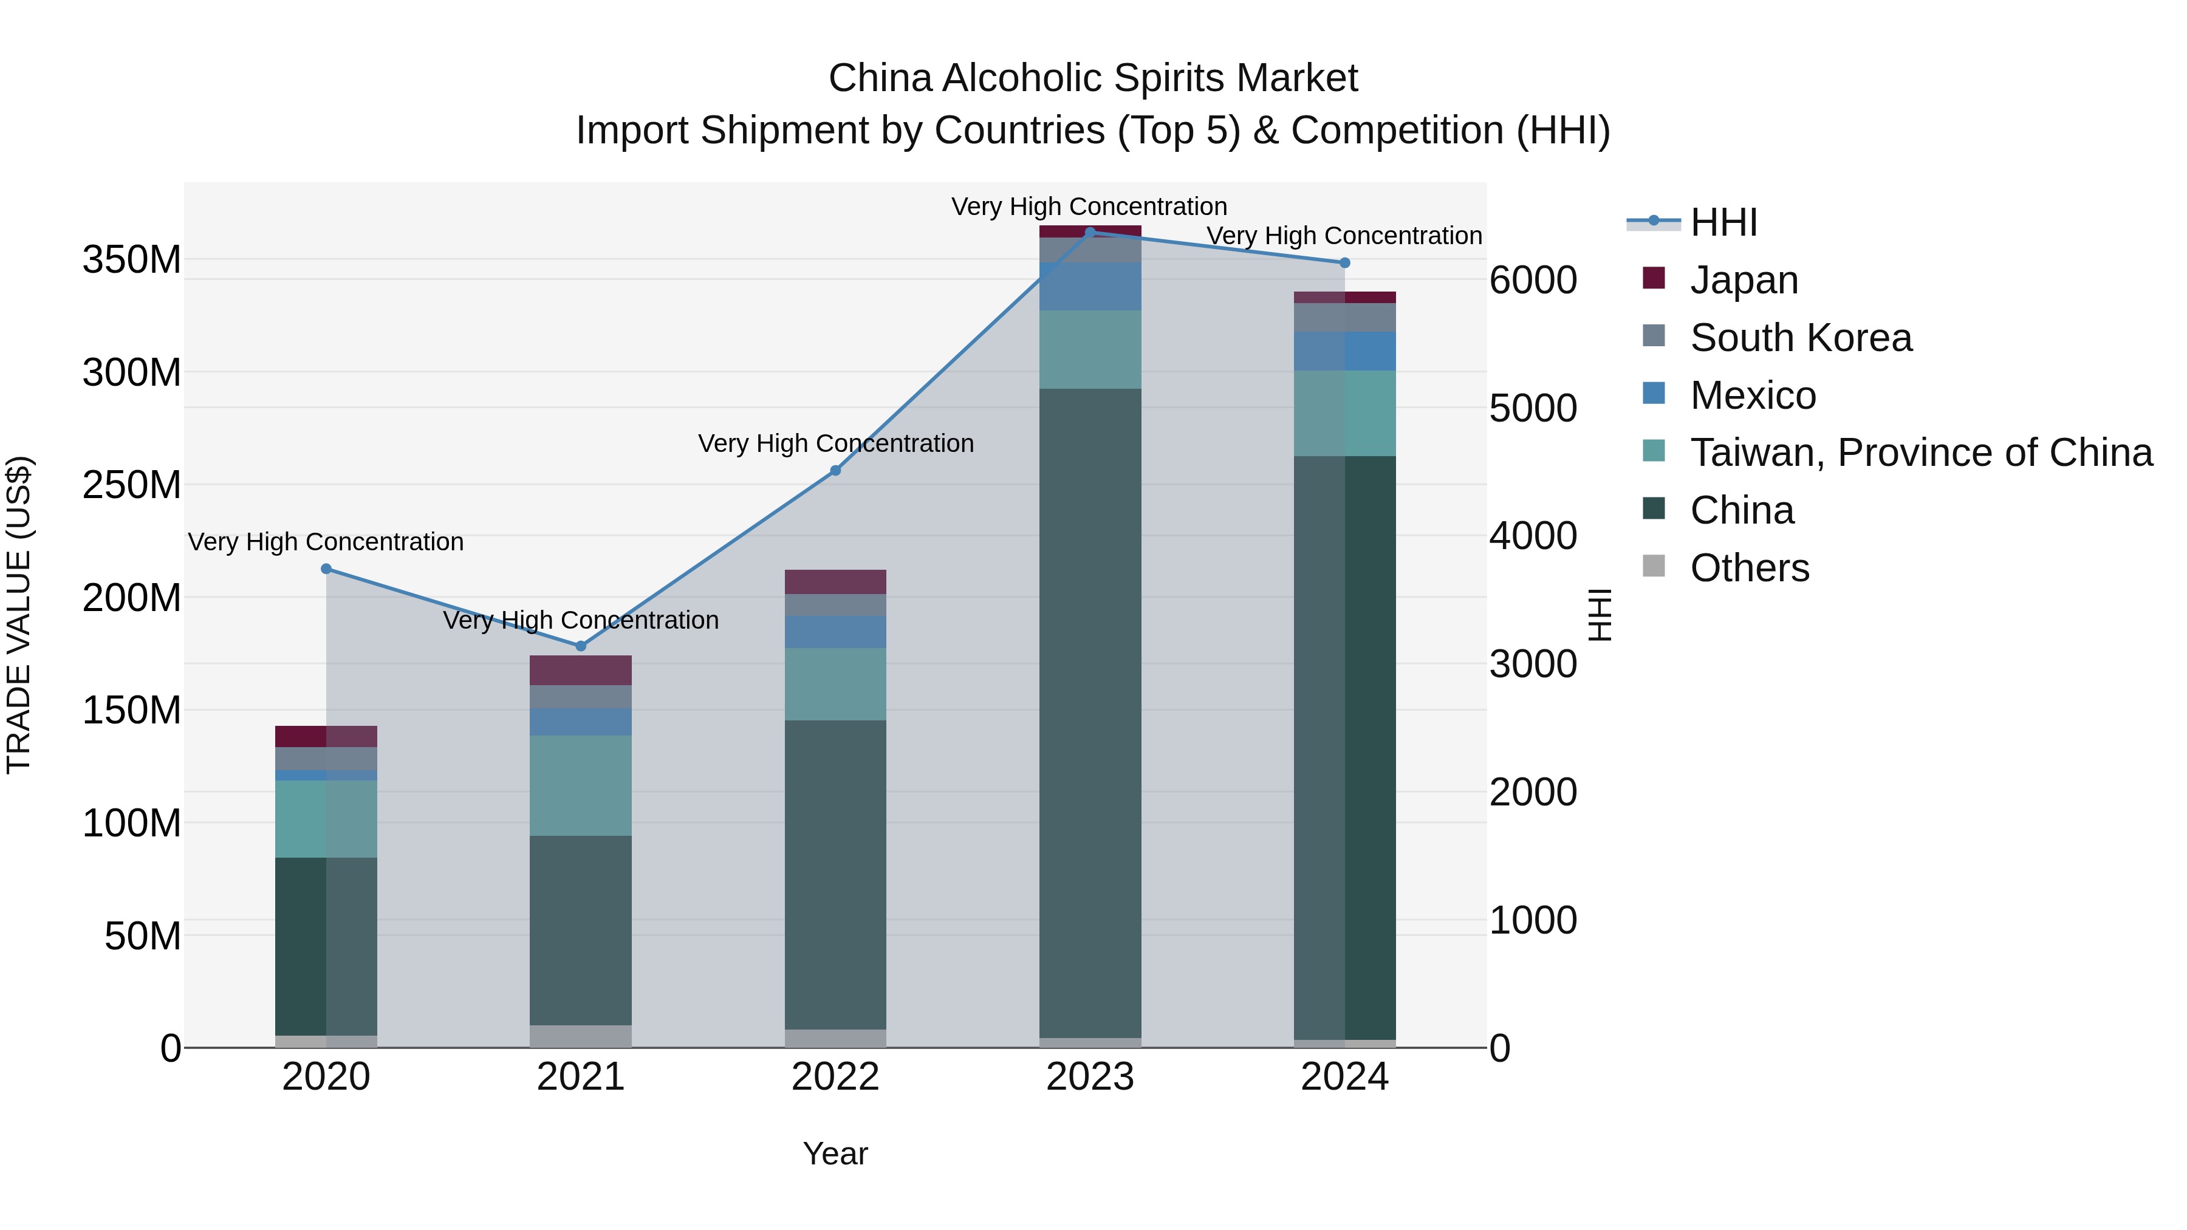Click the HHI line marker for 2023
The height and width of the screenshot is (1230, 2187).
coord(1090,232)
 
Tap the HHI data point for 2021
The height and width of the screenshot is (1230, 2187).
coord(581,646)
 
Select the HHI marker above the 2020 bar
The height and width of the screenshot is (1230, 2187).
coord(326,569)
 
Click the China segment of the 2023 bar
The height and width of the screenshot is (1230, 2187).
coord(1090,713)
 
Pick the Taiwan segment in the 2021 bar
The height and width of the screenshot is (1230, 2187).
coord(581,785)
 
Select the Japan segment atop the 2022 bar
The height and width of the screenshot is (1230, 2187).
coord(835,581)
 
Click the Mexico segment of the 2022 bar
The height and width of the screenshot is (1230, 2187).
coord(835,632)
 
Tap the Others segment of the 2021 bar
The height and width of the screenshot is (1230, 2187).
coord(581,1036)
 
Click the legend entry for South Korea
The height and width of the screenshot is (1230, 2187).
coord(1801,338)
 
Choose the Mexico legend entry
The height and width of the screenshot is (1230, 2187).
coord(1752,395)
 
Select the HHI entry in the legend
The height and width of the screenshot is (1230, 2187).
coord(1723,222)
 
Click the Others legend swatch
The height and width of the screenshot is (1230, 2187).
coord(1654,566)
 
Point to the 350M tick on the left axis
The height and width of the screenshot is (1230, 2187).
coord(132,260)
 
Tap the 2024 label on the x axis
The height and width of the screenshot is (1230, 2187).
coord(1345,1077)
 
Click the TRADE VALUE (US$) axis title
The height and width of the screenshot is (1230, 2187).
coord(19,615)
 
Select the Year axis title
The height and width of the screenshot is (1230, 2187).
coord(835,1153)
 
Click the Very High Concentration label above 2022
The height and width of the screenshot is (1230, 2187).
coord(835,443)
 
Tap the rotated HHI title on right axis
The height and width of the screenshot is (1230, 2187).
coord(1600,615)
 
